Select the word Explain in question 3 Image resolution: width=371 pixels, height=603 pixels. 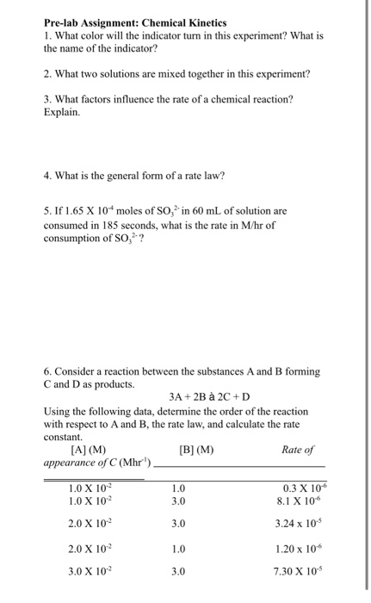tap(60, 112)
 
